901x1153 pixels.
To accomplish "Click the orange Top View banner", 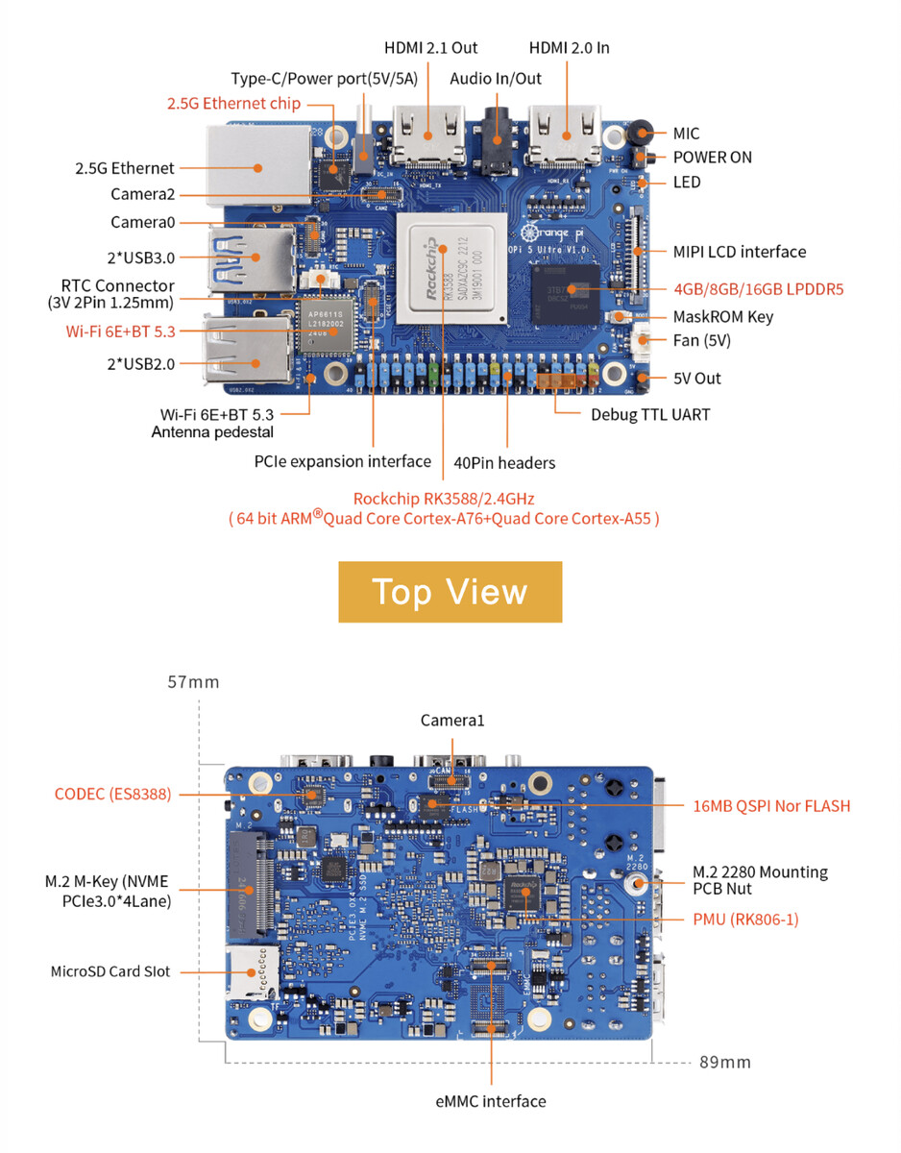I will (450, 592).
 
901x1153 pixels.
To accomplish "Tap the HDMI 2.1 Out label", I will (430, 47).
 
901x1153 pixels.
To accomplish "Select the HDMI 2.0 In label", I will (569, 47).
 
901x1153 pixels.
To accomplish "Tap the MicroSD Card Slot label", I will (110, 971).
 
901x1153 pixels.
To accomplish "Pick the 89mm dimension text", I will (724, 1062).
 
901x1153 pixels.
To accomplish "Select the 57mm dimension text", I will (192, 682).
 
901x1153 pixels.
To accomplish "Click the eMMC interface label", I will (490, 1101).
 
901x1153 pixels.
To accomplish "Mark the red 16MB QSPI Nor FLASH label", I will (771, 805).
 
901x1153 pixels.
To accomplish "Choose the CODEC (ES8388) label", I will (112, 794).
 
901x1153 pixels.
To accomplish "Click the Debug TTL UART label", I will (650, 415).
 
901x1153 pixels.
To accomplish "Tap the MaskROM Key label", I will (722, 316).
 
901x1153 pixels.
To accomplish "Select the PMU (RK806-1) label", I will (745, 920).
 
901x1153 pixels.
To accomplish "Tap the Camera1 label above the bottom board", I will (450, 721).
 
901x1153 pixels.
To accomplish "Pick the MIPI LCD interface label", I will (739, 252).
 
